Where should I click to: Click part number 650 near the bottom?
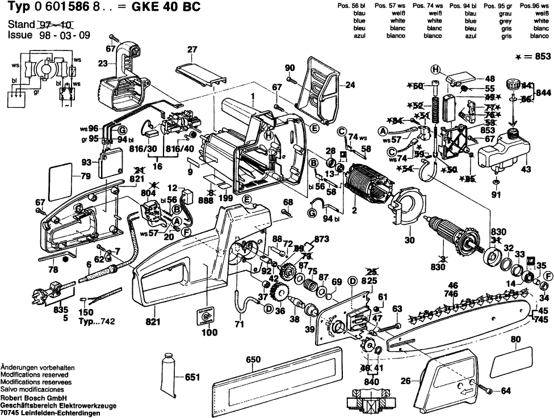pyautogui.click(x=253, y=360)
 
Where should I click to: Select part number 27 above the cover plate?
pyautogui.click(x=192, y=50)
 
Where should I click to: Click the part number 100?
pyautogui.click(x=209, y=333)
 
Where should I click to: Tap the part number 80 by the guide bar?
pyautogui.click(x=515, y=341)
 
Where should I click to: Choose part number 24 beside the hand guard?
pyautogui.click(x=350, y=86)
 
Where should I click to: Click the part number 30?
pyautogui.click(x=409, y=240)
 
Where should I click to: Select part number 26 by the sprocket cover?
pyautogui.click(x=405, y=381)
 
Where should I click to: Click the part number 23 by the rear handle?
pyautogui.click(x=103, y=63)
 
